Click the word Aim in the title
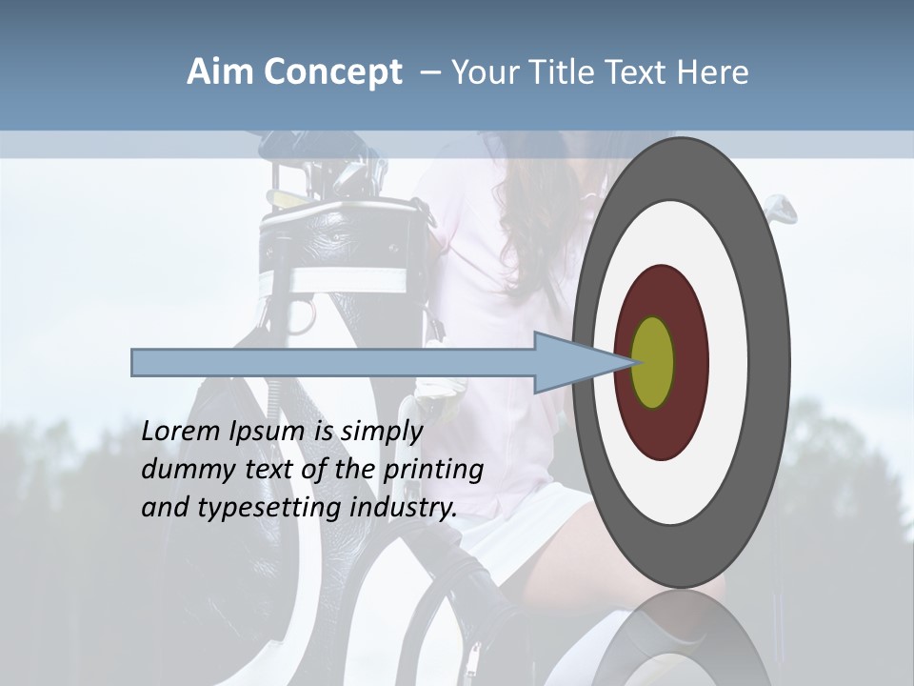(220, 72)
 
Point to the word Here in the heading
(713, 72)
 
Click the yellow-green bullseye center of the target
(653, 362)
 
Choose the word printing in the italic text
(433, 471)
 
